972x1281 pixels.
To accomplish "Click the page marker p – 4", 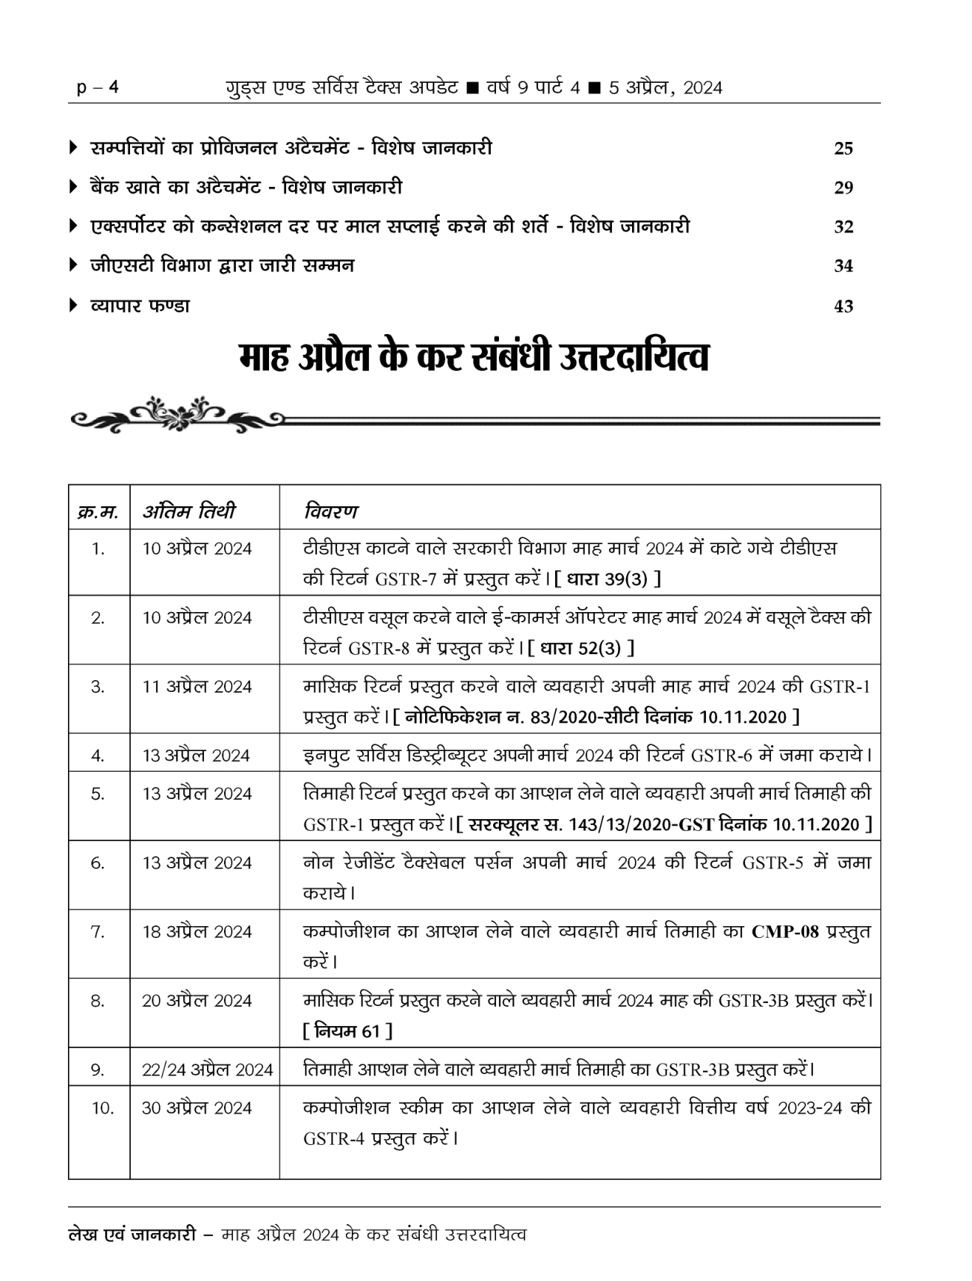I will click(98, 88).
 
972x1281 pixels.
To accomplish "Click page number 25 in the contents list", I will click(843, 149).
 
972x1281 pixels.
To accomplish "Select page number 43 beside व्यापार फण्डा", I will click(843, 306).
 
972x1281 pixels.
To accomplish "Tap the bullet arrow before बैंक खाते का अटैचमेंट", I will click(72, 187).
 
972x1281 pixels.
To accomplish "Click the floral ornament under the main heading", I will click(178, 415).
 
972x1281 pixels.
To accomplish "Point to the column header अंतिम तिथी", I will click(189, 511).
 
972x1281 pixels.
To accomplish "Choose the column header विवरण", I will click(330, 511).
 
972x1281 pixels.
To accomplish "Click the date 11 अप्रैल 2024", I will click(197, 687).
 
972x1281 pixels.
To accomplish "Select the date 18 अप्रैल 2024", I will click(197, 931).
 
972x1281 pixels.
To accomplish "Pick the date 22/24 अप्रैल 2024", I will click(207, 1070).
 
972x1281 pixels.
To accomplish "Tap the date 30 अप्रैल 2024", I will click(197, 1108).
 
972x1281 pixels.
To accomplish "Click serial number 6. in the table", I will click(98, 863).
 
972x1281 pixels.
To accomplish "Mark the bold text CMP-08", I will click(785, 931).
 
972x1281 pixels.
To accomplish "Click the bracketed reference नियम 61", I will click(347, 1030).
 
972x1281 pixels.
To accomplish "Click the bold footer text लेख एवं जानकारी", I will click(132, 1234).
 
